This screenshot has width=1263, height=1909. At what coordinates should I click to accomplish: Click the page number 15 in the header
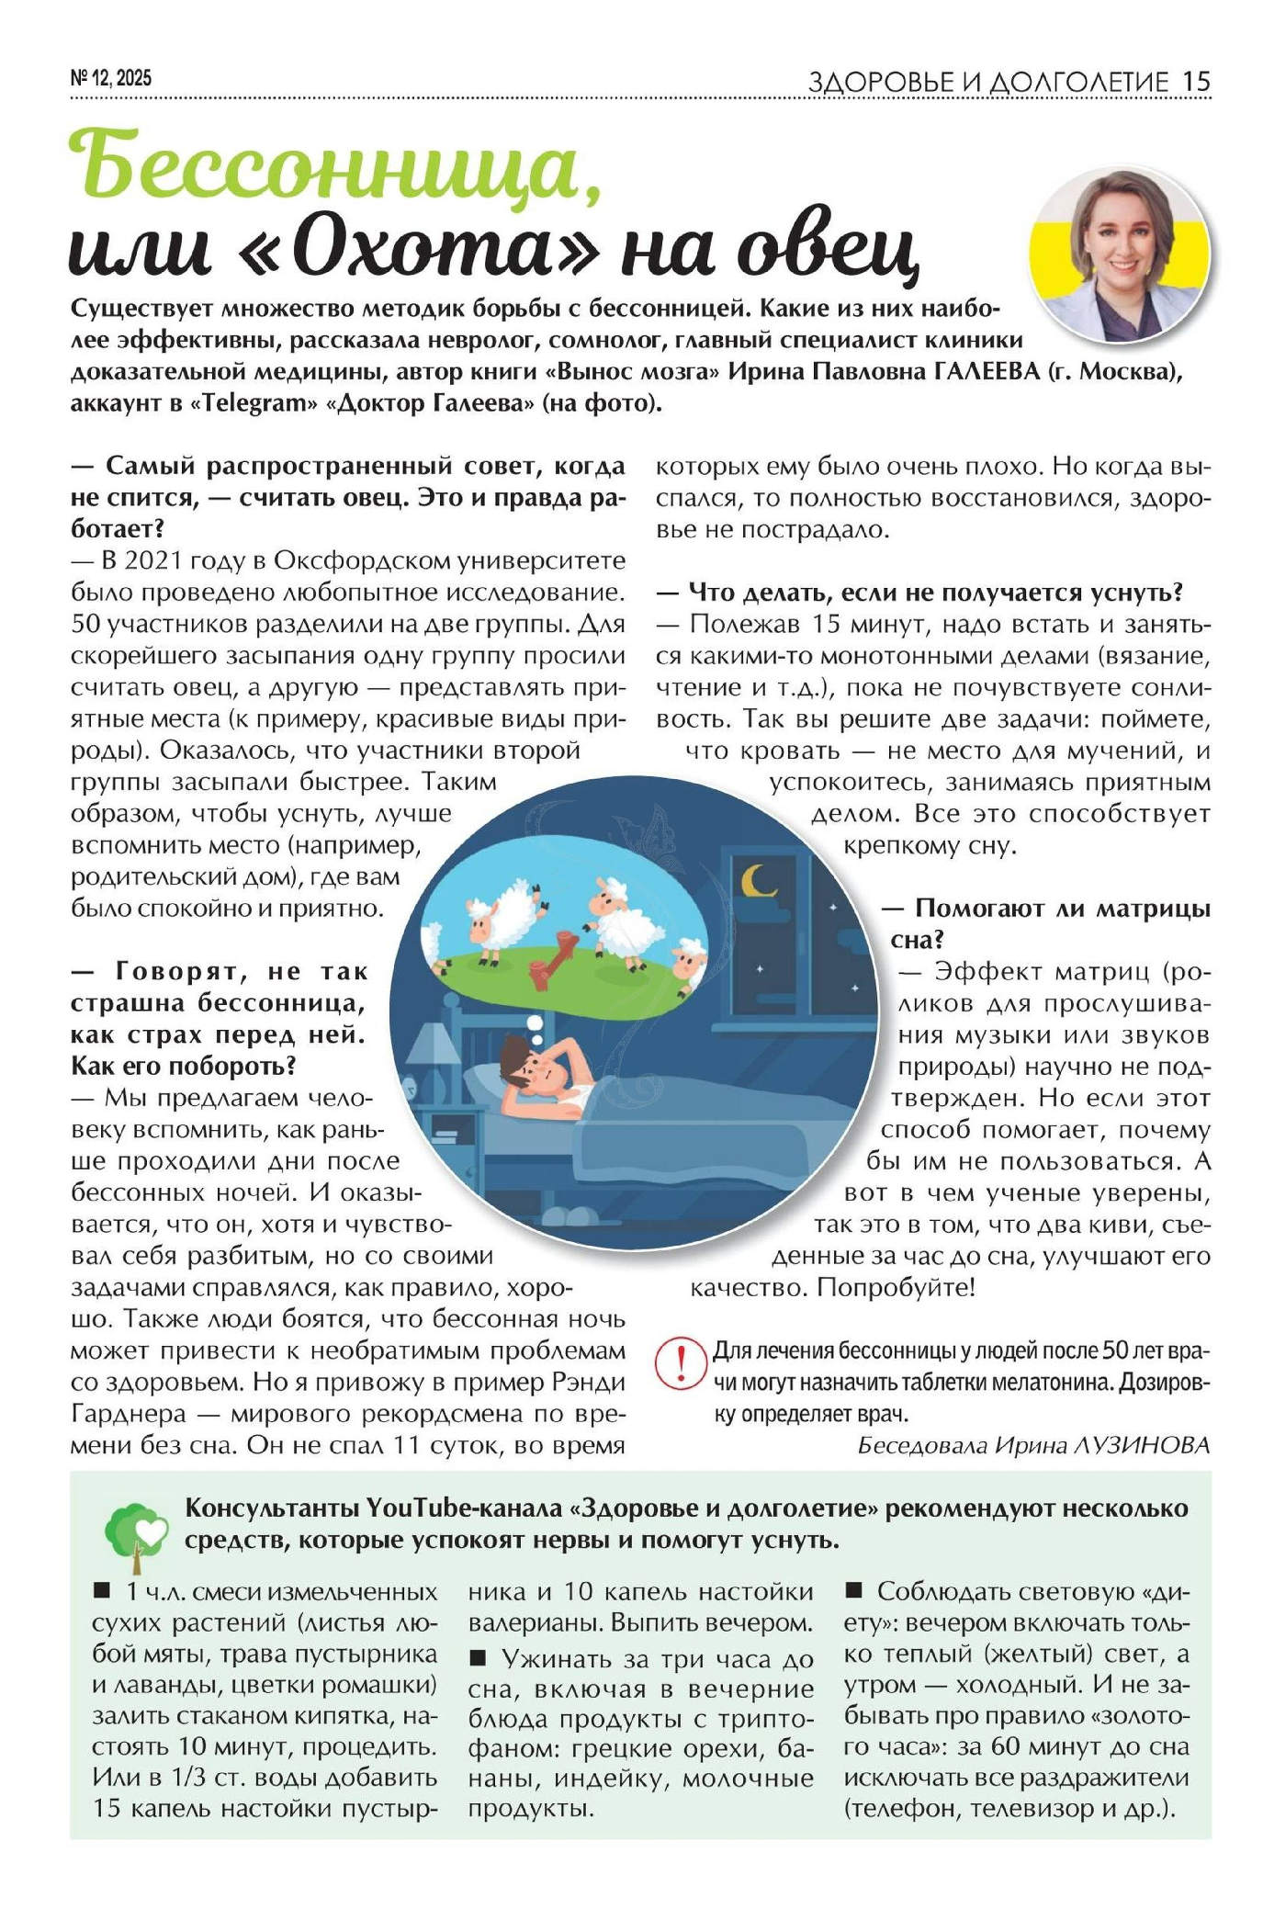(x=1196, y=82)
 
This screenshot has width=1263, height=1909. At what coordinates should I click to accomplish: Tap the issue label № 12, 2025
(x=111, y=79)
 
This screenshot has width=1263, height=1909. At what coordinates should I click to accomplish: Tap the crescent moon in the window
(x=759, y=880)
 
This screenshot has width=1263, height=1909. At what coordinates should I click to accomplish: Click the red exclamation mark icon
(x=681, y=1363)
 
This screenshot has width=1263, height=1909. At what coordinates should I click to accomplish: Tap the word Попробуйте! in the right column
(x=896, y=1287)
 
